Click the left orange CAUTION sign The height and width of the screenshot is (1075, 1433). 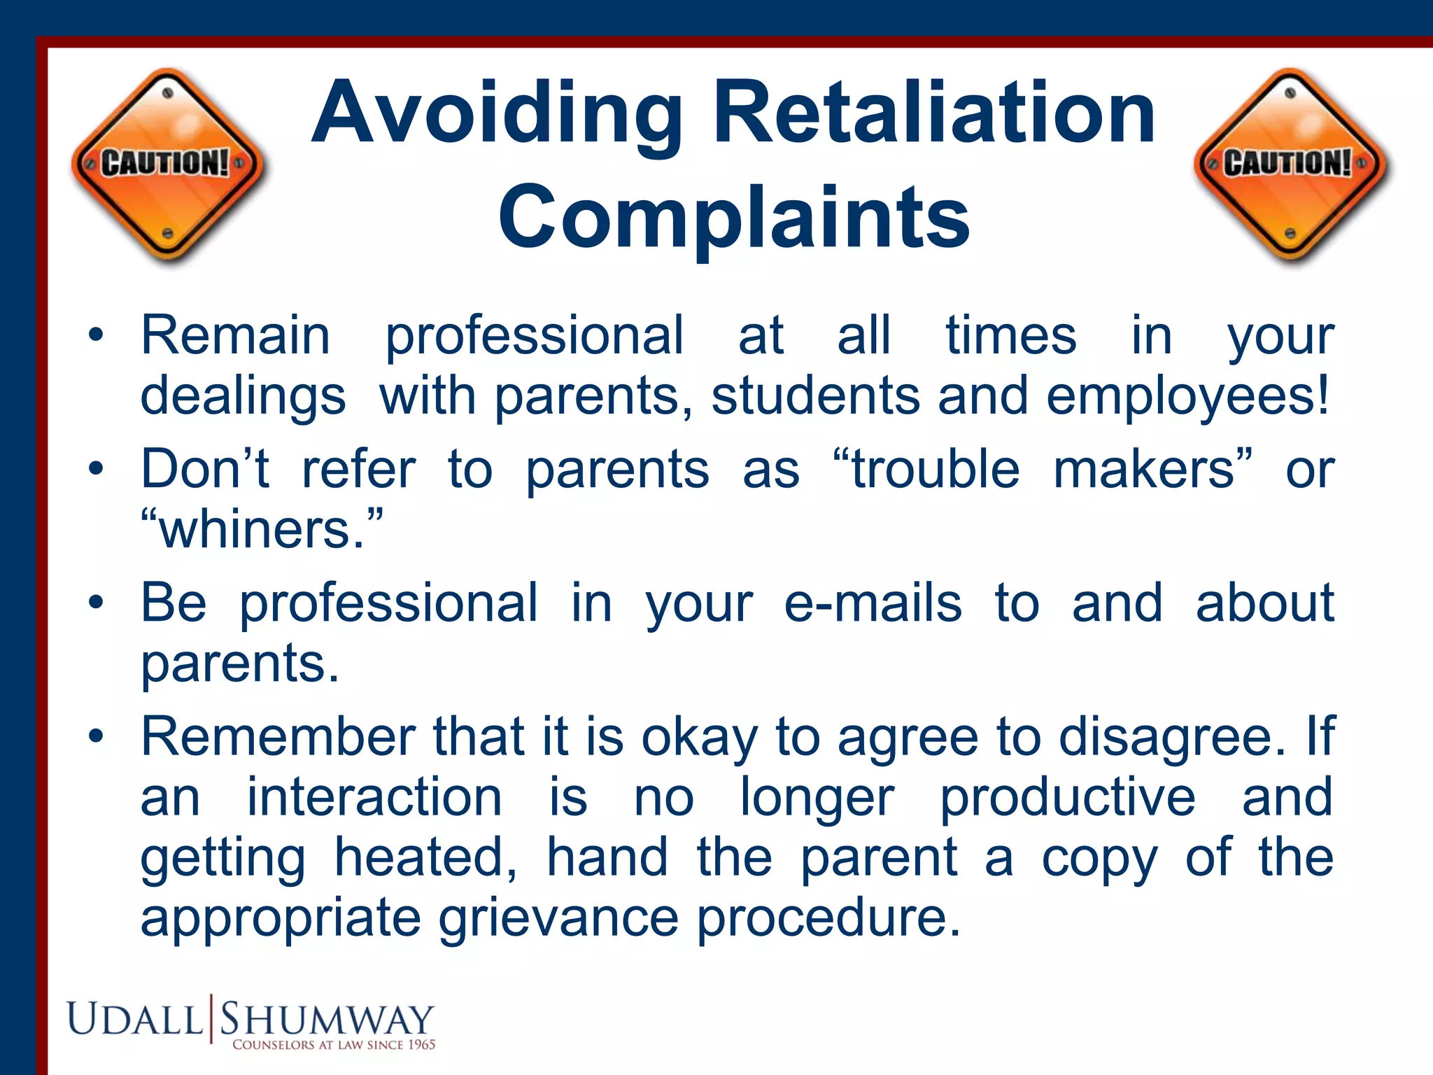tap(168, 165)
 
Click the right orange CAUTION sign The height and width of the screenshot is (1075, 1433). tap(1292, 165)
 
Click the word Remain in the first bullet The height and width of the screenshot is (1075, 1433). tap(235, 336)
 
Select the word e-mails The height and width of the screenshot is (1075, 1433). tap(873, 603)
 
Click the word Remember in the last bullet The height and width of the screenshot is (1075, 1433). tap(278, 737)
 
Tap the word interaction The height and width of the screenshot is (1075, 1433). tap(374, 797)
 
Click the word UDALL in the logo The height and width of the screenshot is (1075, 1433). tap(135, 1020)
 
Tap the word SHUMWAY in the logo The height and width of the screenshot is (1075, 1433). tap(327, 1020)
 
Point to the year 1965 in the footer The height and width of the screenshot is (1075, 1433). tap(421, 1044)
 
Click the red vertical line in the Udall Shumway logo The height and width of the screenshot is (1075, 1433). tap(211, 1019)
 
